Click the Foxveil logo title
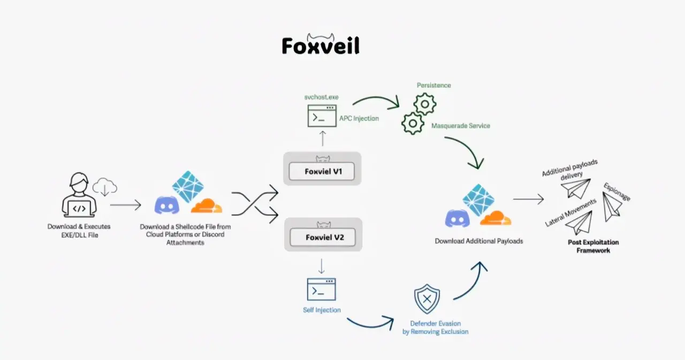click(x=321, y=45)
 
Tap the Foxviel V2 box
click(x=322, y=238)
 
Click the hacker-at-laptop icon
click(x=79, y=195)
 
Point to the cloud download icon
click(x=105, y=188)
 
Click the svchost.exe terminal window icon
click(x=322, y=116)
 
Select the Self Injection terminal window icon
click(x=321, y=289)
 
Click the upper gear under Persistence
click(x=425, y=104)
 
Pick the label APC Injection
click(x=359, y=118)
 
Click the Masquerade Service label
click(x=460, y=126)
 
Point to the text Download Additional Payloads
click(x=478, y=241)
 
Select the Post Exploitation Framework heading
click(x=593, y=246)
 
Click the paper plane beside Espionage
click(x=612, y=206)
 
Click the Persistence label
click(x=433, y=86)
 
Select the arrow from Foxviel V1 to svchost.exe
click(x=322, y=139)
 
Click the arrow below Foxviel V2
click(x=322, y=265)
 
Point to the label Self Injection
click(x=322, y=310)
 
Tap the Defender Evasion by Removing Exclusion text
click(x=435, y=327)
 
